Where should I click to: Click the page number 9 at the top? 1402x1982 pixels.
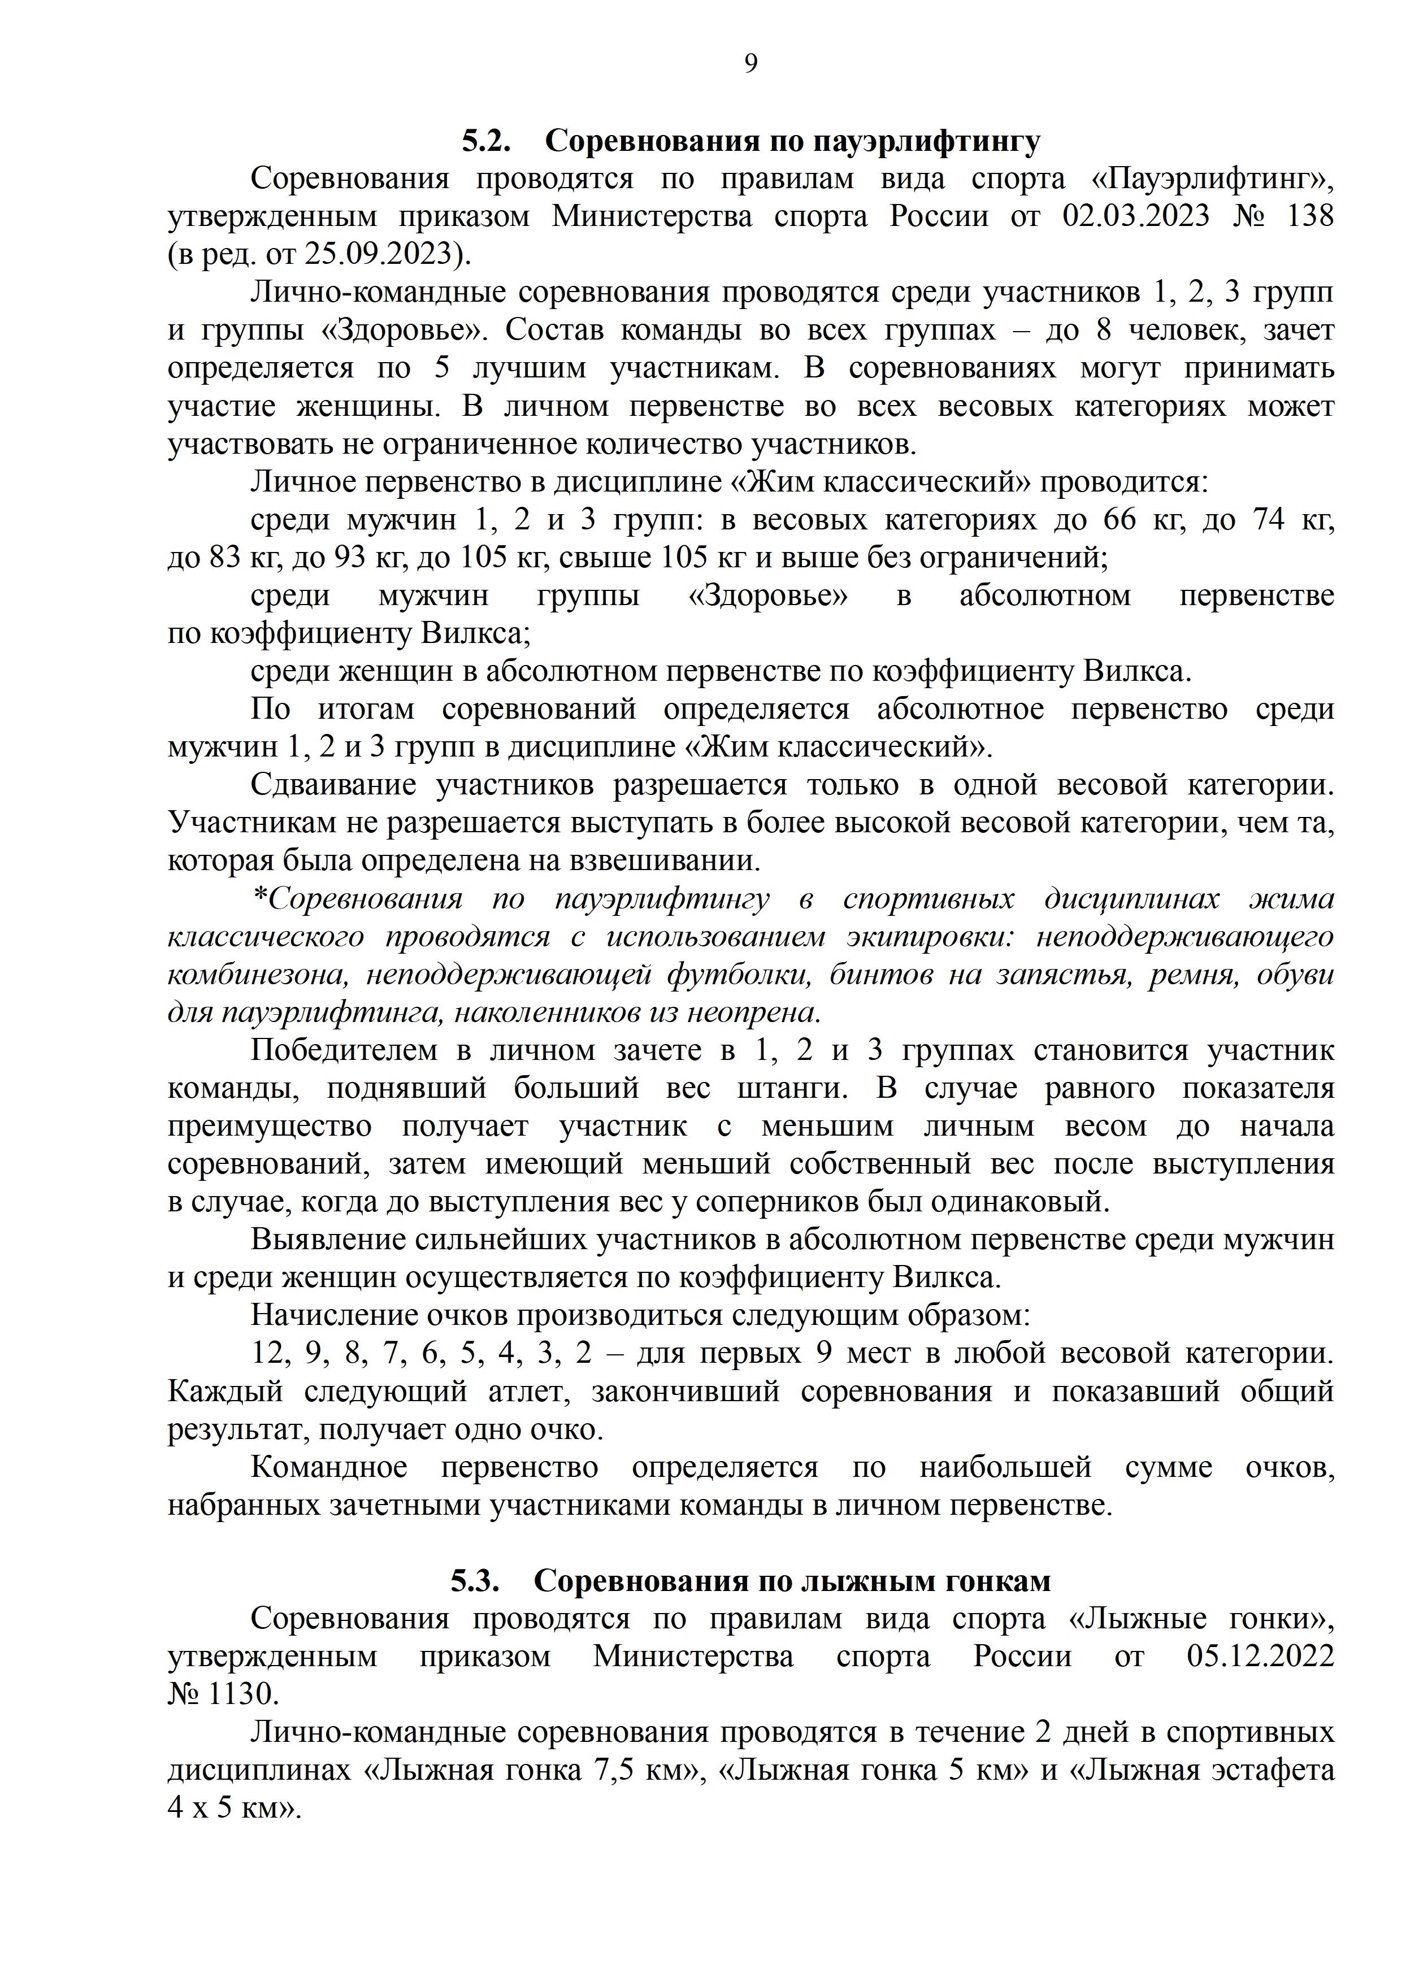750,63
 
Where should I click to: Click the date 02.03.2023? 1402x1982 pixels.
1136,216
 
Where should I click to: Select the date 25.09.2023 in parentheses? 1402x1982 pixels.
379,254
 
